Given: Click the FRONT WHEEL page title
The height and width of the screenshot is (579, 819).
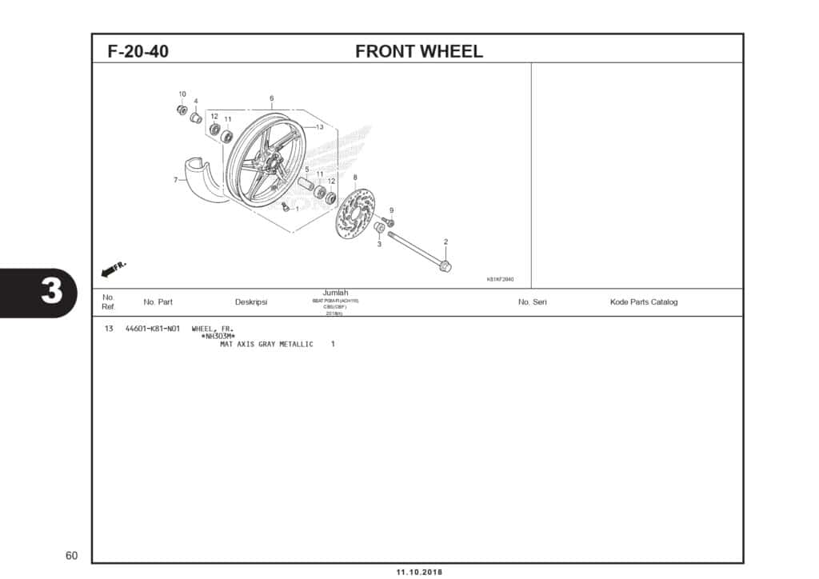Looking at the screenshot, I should [418, 51].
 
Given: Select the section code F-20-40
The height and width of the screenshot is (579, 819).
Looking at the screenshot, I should [138, 52].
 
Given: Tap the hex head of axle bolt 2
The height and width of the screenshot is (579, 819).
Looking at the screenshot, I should [445, 266].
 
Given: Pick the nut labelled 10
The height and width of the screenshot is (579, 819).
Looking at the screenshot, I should [182, 110].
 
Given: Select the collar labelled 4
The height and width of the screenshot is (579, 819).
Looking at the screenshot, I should [195, 118].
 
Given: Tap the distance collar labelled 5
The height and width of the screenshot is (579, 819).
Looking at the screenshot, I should [306, 184].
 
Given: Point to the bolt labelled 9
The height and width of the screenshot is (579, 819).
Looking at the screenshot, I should [389, 222].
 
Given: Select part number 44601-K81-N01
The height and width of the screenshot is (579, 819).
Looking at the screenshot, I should [153, 329].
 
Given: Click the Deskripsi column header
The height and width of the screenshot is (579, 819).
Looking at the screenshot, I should [251, 302].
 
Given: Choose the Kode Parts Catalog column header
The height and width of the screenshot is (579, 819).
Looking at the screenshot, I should [643, 302].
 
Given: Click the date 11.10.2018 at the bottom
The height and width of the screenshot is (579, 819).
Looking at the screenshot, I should [418, 572].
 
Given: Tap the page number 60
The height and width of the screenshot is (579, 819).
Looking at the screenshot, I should [72, 556].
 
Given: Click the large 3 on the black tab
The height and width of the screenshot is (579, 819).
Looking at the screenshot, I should [50, 293].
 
